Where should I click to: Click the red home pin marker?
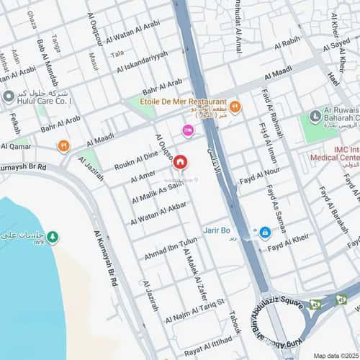tap(180, 163)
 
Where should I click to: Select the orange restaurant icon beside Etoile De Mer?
tap(235, 107)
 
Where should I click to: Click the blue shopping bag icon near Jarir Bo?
tap(264, 232)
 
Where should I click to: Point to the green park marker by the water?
tap(53, 238)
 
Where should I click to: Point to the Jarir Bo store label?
tap(216, 230)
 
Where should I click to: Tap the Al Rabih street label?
tap(287, 42)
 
